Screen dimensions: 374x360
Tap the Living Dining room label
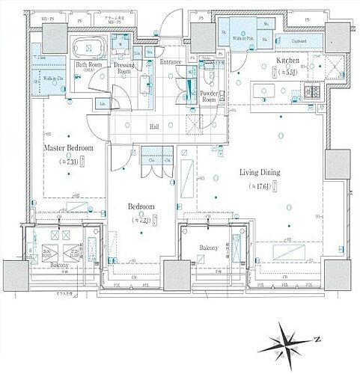[260, 172]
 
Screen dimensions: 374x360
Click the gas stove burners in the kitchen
[311, 93]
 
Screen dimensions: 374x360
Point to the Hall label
[153, 127]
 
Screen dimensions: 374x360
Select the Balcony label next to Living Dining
[209, 248]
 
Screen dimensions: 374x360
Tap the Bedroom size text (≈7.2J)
[141, 220]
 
